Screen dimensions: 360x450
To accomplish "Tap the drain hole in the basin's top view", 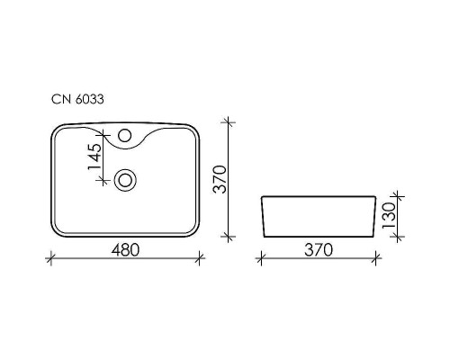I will point(125,180).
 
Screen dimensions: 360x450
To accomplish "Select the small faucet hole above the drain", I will point(125,139).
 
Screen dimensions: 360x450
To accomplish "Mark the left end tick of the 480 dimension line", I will point(49,259).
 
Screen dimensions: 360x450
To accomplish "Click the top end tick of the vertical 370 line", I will point(229,121).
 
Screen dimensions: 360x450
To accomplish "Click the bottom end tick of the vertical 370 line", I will point(229,238).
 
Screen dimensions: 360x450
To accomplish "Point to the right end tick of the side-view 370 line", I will point(375,259).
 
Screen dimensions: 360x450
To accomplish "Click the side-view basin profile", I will point(318,217).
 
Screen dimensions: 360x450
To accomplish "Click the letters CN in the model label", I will point(59,101).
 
